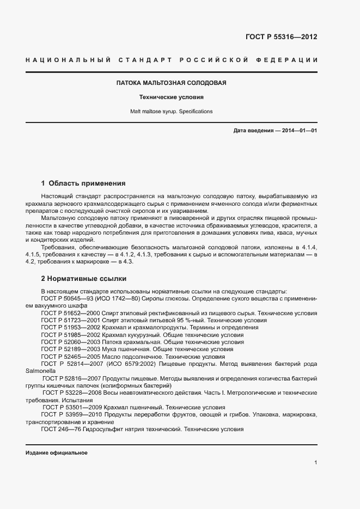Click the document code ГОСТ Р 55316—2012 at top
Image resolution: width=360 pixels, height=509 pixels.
(x=281, y=38)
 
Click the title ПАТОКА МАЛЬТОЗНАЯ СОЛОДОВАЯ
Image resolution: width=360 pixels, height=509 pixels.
(x=171, y=83)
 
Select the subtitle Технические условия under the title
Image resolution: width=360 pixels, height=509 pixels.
(x=171, y=97)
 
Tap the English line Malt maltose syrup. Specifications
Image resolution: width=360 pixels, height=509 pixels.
(x=171, y=111)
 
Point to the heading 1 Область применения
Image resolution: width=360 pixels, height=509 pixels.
(x=83, y=183)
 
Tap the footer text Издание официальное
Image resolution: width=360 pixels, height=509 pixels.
(x=57, y=453)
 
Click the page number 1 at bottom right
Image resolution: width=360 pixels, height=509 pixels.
(x=315, y=463)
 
